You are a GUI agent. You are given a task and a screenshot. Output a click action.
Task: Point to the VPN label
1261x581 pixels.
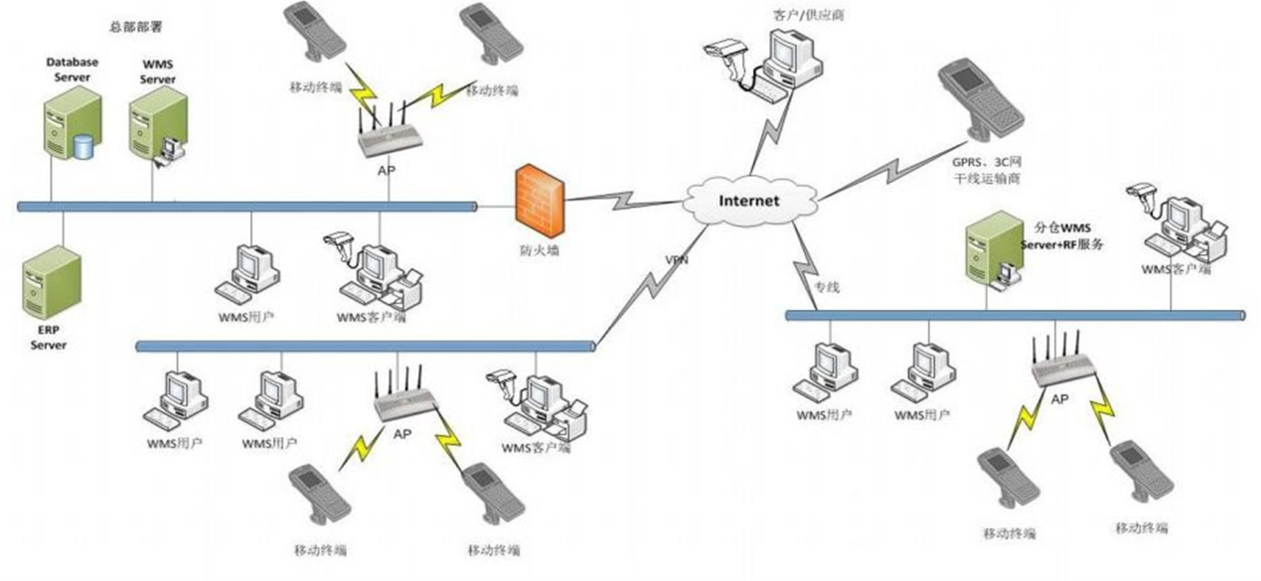click(x=677, y=260)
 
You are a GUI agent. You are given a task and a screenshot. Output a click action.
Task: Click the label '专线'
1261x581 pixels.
click(x=828, y=288)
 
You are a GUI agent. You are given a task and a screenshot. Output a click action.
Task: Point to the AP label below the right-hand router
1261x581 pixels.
click(x=1059, y=398)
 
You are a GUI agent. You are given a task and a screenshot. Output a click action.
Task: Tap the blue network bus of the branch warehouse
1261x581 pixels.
click(x=1014, y=315)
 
